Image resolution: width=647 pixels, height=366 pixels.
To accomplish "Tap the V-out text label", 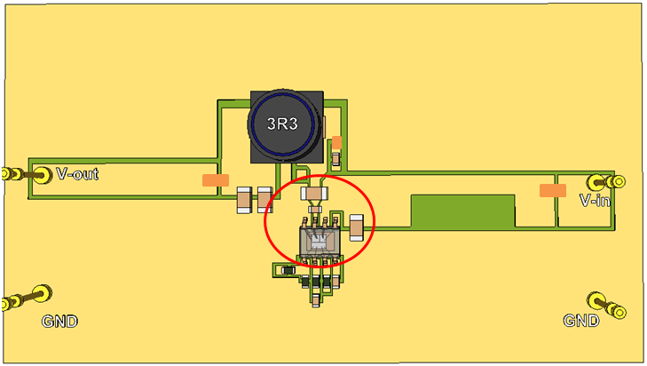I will (x=77, y=174).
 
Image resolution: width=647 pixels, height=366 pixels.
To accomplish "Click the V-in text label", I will (x=595, y=201).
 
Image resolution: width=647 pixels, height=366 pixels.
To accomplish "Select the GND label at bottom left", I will (x=59, y=321).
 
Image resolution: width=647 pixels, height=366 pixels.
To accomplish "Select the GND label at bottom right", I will (x=581, y=320).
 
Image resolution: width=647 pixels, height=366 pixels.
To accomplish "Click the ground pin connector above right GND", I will (x=605, y=305).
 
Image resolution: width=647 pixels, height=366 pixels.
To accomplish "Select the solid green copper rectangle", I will (x=462, y=211).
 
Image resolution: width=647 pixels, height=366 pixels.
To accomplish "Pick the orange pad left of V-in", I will (x=553, y=190).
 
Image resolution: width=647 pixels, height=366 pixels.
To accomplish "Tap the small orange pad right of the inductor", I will (x=336, y=142).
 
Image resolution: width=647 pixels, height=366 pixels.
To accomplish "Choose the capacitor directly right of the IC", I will (x=357, y=228).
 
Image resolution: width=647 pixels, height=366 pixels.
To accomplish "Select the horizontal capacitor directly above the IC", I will (x=315, y=192).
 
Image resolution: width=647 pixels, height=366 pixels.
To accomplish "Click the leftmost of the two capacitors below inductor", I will (x=244, y=201).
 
